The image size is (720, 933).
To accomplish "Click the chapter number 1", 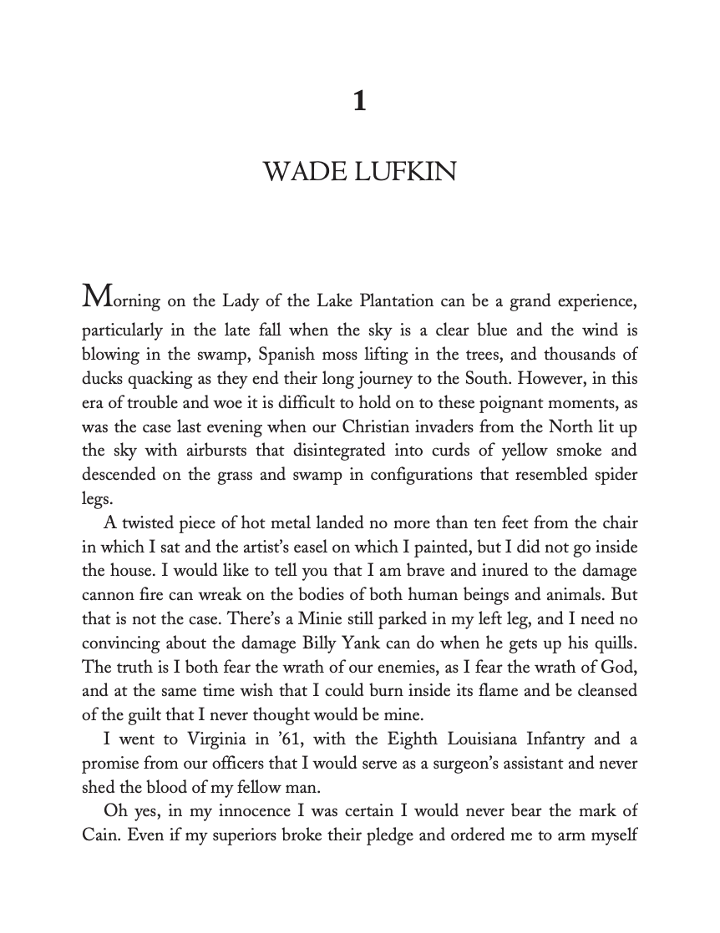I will click(x=359, y=103).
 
